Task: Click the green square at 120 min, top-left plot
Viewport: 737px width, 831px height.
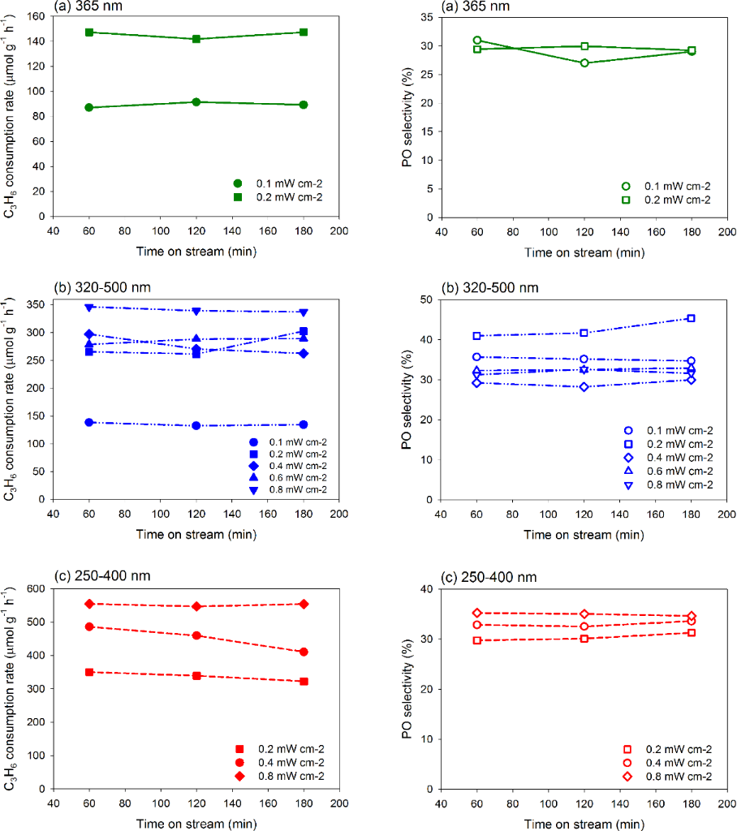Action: coord(196,39)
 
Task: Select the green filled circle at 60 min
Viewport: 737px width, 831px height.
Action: coord(88,107)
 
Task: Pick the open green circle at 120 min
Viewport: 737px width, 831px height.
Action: coord(584,62)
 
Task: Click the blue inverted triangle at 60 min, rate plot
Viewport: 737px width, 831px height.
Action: coord(88,307)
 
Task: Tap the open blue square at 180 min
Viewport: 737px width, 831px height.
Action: coord(691,318)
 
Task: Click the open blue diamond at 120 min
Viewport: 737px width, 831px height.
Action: coord(584,387)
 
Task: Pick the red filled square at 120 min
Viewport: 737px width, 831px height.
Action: coord(196,675)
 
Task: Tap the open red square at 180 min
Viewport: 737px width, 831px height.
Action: coord(691,632)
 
